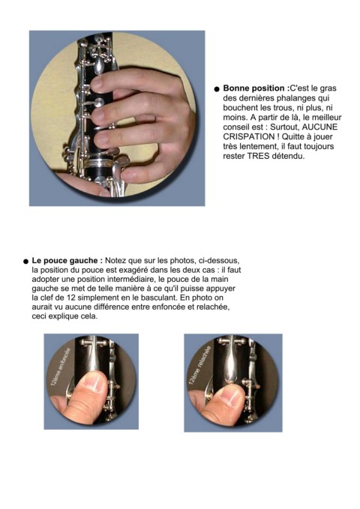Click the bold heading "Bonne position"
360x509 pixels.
click(253, 88)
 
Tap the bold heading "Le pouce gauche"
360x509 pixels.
click(67, 260)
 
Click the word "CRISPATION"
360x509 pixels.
click(249, 136)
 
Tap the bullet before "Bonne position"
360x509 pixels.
click(217, 89)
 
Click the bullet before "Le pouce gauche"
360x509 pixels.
click(26, 262)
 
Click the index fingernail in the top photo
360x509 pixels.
click(97, 83)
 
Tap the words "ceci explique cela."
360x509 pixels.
click(64, 316)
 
